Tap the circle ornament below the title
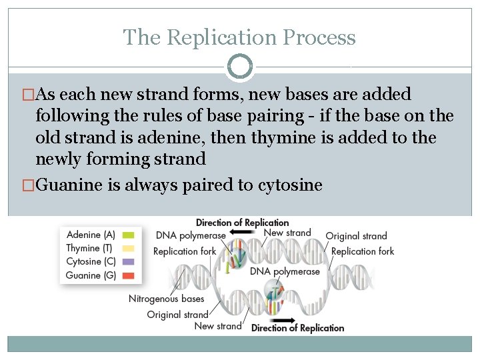coord(240,67)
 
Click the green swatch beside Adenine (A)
coord(129,235)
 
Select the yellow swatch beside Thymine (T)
coord(129,249)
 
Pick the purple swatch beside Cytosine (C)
coord(129,262)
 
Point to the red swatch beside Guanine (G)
coord(129,275)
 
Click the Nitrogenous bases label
coord(167,299)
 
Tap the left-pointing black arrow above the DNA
coord(241,233)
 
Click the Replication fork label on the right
coord(362,251)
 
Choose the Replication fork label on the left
coord(185,251)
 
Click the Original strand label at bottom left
coord(177,314)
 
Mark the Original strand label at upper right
coord(356,236)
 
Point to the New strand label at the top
coord(287,233)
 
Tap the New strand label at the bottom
coord(217,326)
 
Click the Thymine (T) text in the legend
coord(90,249)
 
